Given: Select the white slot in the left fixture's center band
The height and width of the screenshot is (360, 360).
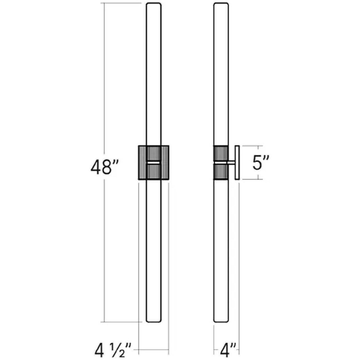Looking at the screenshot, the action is tap(153, 163).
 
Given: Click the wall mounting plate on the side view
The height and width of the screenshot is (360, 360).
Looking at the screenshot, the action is tap(237, 163).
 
